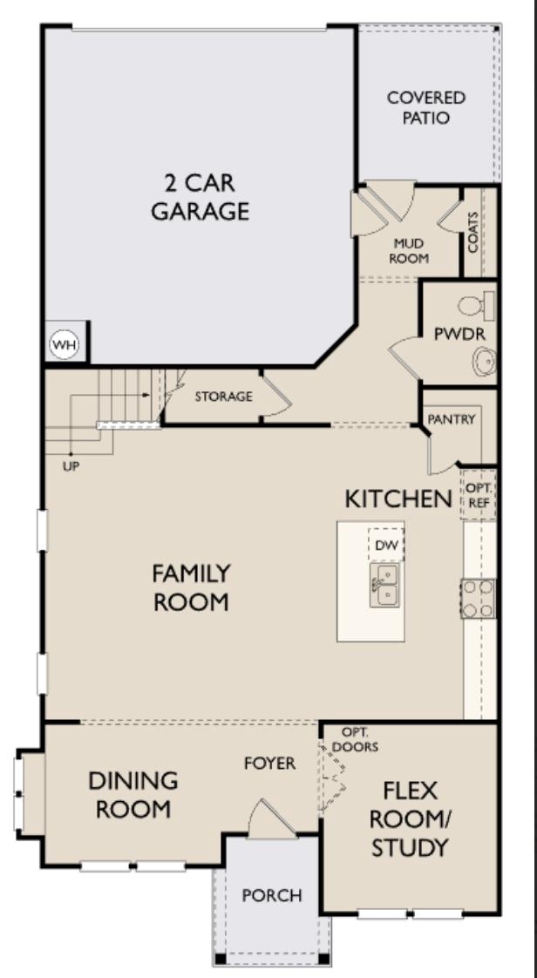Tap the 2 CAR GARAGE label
point(200,197)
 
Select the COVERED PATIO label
point(426,107)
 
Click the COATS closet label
point(473,232)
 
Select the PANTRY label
point(452,419)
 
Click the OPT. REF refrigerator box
point(478,495)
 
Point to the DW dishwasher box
point(385,545)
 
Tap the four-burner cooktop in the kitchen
point(478,599)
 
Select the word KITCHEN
point(398,499)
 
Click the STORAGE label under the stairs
point(223,397)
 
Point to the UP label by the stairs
point(71,466)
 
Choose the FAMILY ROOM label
point(191,587)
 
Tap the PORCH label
point(272,895)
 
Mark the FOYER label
point(269,764)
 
